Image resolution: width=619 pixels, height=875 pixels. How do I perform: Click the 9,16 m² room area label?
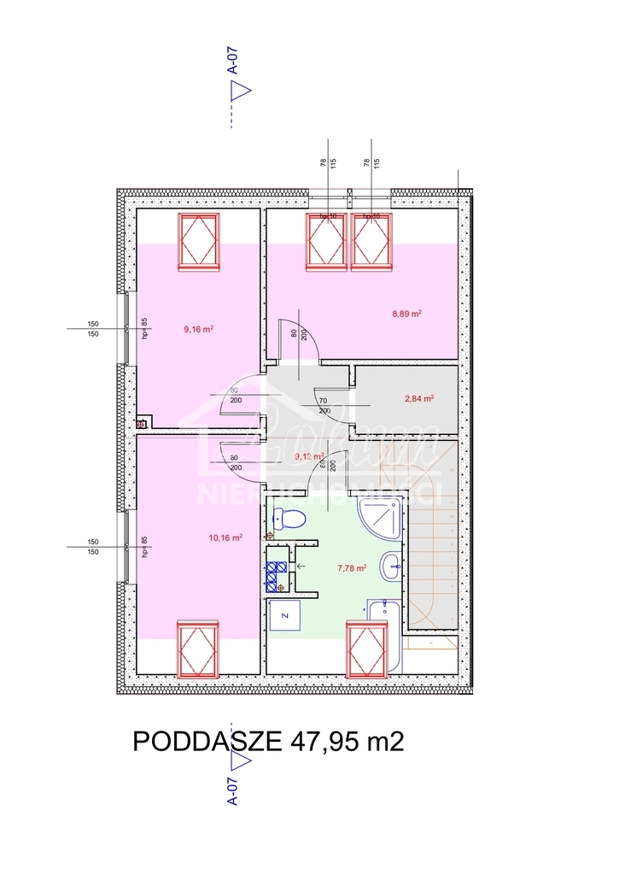click(x=198, y=328)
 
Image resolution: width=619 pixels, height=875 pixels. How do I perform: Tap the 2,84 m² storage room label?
click(x=419, y=398)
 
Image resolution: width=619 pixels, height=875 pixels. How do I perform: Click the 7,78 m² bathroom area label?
click(x=352, y=567)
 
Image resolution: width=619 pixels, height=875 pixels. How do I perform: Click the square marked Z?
click(x=285, y=614)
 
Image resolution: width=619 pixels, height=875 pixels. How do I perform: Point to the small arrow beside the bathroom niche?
click(x=301, y=566)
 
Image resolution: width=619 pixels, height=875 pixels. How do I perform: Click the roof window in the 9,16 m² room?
click(x=199, y=242)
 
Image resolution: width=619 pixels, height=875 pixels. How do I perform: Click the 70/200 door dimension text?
click(x=324, y=406)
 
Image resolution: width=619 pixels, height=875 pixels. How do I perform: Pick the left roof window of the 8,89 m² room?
click(x=326, y=242)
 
